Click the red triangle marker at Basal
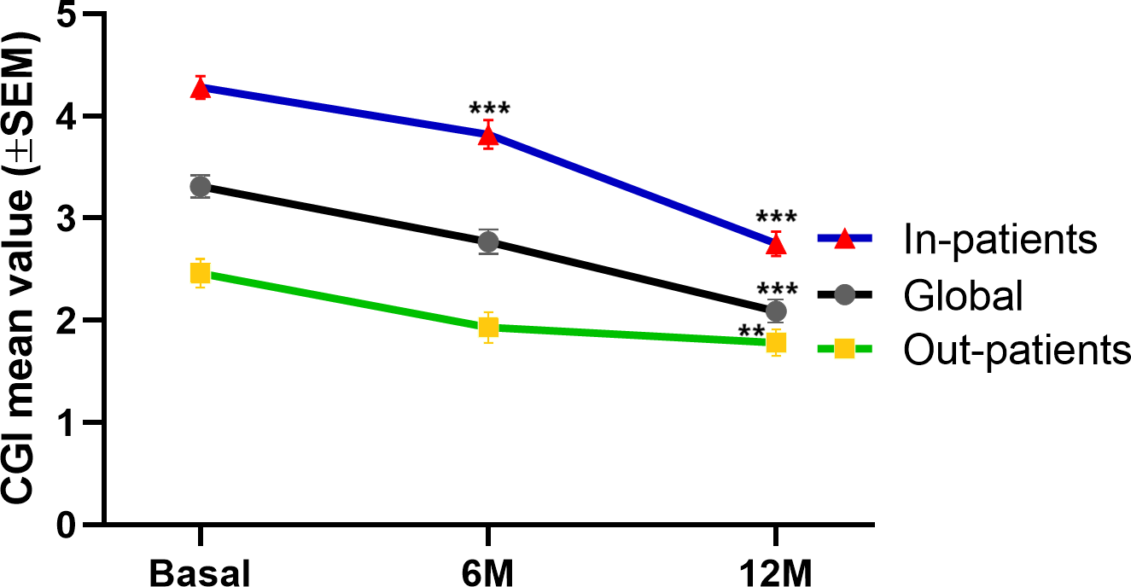(201, 89)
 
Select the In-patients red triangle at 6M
(488, 135)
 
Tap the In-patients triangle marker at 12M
(776, 245)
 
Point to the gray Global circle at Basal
(201, 186)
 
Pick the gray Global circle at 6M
(488, 241)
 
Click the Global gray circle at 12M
(776, 311)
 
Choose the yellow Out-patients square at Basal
(201, 273)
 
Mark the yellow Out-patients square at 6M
(488, 327)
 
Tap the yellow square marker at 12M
(776, 342)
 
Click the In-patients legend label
(999, 240)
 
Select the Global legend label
(962, 295)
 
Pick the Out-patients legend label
(1017, 349)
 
